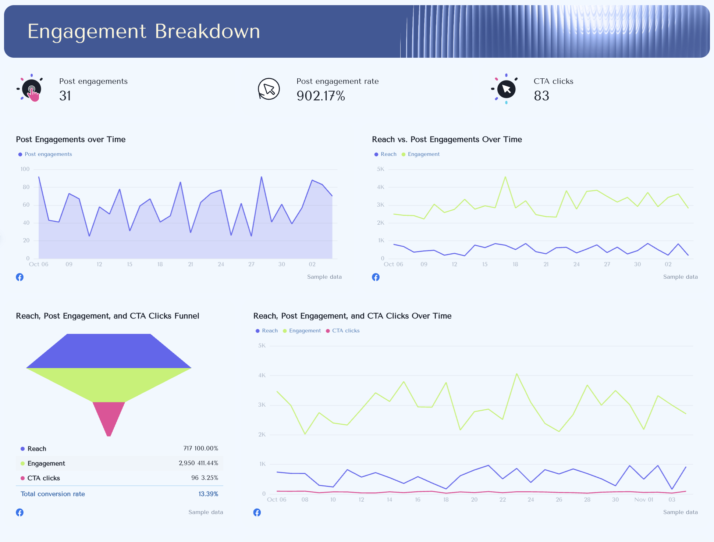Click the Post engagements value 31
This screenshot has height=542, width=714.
65,96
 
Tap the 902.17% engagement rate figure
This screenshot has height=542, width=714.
320,96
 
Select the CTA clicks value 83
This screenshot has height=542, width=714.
541,96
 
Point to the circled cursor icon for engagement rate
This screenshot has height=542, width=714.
269,89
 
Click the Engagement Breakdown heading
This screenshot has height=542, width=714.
144,31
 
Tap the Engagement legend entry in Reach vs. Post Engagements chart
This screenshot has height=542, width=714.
423,154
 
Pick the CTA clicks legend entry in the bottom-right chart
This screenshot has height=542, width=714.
345,331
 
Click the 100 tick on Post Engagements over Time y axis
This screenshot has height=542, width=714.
25,169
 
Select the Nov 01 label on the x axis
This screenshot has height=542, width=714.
643,499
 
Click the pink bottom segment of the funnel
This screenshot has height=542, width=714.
109,417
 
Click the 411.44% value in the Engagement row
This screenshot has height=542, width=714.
208,463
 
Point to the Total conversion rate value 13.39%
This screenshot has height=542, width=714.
208,494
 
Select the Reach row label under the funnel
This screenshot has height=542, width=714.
37,449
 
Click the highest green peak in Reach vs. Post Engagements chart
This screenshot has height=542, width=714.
505,177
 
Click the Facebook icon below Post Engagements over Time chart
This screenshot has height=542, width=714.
20,277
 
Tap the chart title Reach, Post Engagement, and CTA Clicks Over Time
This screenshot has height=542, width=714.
352,316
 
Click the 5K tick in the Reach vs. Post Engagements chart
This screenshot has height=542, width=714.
380,169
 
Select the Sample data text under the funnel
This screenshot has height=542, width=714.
206,512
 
